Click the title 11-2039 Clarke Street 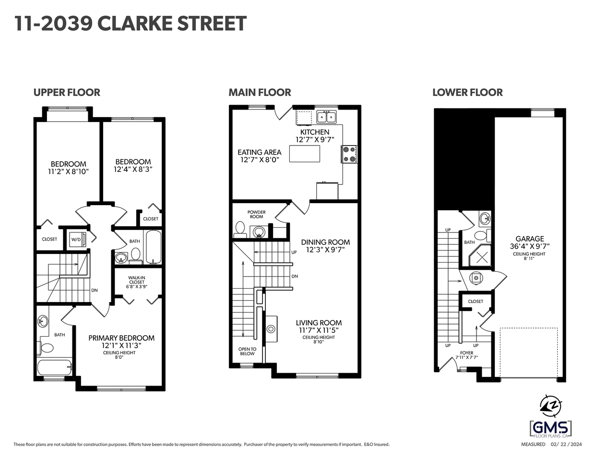(130, 24)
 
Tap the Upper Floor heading (67, 93)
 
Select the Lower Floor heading (467, 93)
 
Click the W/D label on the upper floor (76, 239)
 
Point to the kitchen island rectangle (305, 154)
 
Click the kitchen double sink (326, 117)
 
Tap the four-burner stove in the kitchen (349, 154)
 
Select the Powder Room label (256, 214)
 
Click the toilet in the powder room (239, 230)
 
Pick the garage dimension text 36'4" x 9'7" (530, 246)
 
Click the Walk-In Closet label (137, 282)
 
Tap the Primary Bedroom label (121, 338)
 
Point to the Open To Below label (247, 352)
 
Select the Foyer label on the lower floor (466, 353)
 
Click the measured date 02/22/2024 (566, 445)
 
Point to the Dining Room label (325, 242)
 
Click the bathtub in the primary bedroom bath (54, 368)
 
